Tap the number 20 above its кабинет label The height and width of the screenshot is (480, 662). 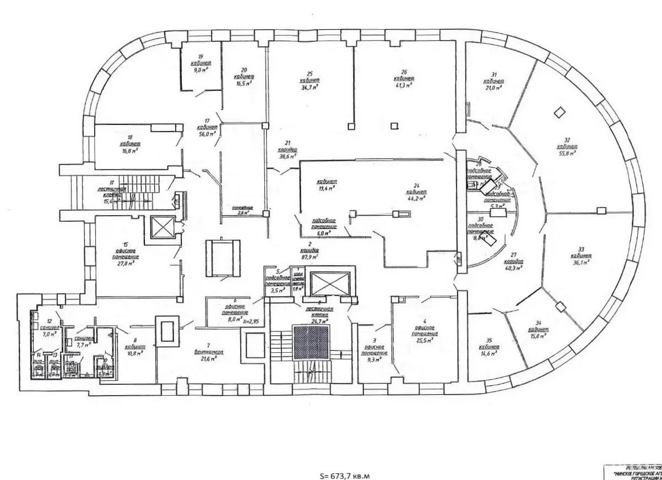click(x=244, y=70)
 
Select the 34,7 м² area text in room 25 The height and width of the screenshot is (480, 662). click(x=311, y=87)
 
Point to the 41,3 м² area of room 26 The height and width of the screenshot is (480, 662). click(x=405, y=85)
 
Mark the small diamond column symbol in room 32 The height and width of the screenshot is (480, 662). click(x=559, y=112)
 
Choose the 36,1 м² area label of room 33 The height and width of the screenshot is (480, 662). click(x=582, y=263)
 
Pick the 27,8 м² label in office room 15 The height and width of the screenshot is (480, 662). click(x=126, y=263)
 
